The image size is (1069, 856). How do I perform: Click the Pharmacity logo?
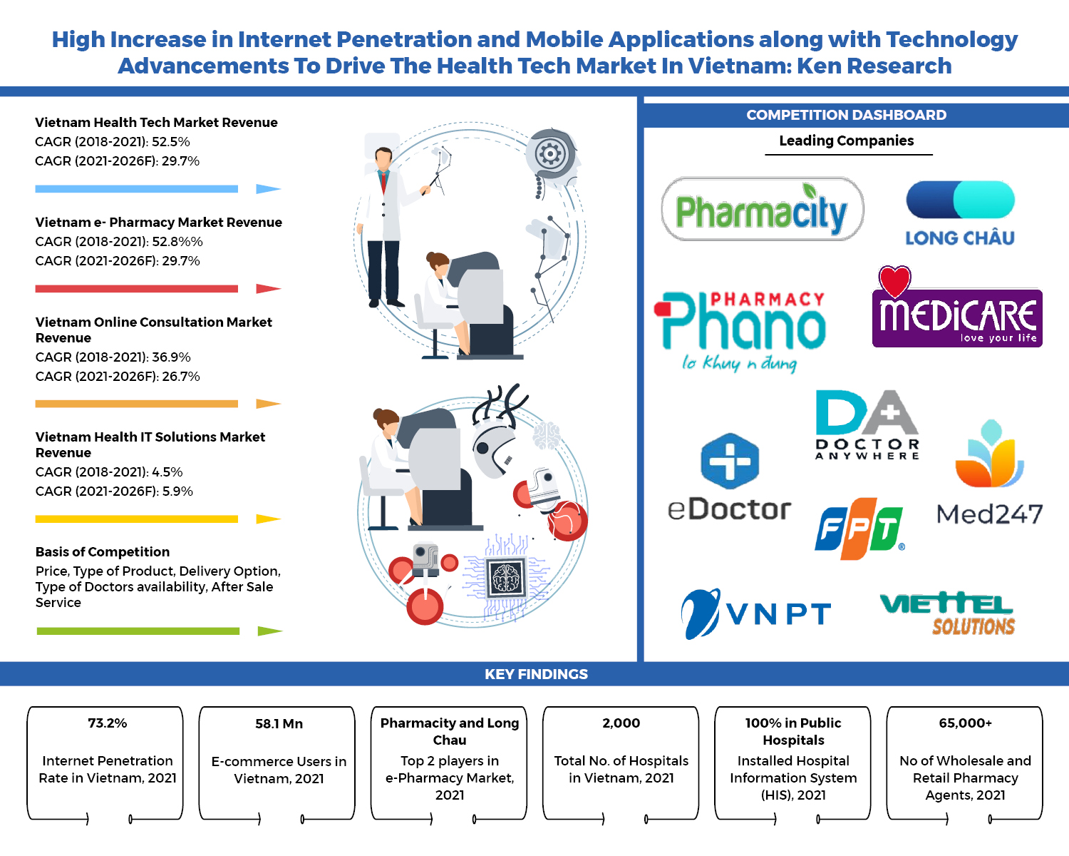click(x=762, y=210)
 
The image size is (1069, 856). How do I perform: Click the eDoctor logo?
click(x=729, y=478)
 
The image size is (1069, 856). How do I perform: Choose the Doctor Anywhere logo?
click(x=867, y=425)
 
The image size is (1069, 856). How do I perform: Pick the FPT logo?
click(x=859, y=529)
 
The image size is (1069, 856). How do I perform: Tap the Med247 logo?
click(x=989, y=474)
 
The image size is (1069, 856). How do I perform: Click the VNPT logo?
click(x=755, y=613)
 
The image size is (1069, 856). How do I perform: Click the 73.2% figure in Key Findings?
click(x=107, y=723)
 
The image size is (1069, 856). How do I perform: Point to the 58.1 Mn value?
click(x=279, y=724)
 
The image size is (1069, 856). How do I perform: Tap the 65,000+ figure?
click(x=965, y=723)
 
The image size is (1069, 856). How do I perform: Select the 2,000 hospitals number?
click(x=621, y=723)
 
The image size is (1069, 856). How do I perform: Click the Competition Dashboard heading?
click(x=846, y=116)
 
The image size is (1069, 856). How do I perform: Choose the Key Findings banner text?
click(x=536, y=675)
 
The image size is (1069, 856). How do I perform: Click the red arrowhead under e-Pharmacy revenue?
click(x=268, y=289)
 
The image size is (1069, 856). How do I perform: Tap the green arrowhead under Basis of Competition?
click(x=269, y=631)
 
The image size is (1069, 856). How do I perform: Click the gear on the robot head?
click(x=550, y=153)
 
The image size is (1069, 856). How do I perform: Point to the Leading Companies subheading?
click(x=846, y=141)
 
